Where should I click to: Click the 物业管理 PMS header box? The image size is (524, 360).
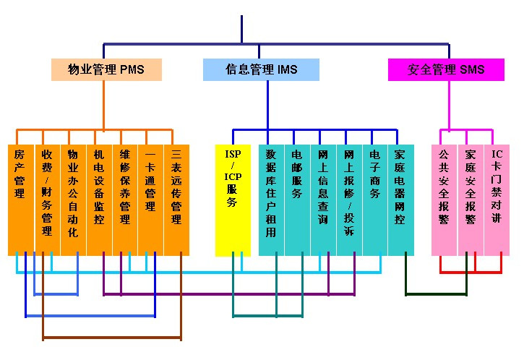(x=106, y=69)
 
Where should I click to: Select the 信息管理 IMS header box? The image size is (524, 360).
(x=261, y=69)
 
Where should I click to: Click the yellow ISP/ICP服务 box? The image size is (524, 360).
(x=233, y=200)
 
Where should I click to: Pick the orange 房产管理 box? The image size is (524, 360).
(x=21, y=200)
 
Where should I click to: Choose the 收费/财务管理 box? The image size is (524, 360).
(x=47, y=200)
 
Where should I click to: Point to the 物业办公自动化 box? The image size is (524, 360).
(x=73, y=200)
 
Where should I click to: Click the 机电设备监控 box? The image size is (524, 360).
(x=99, y=200)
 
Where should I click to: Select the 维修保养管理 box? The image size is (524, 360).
(x=125, y=200)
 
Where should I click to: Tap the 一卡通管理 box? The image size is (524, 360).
(x=150, y=200)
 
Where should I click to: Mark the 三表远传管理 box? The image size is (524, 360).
(x=176, y=200)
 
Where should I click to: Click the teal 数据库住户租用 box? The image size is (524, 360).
(x=271, y=200)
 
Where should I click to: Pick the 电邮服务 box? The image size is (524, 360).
(x=297, y=200)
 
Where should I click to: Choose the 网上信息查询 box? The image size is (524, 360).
(x=323, y=200)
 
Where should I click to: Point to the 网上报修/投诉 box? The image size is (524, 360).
(x=349, y=200)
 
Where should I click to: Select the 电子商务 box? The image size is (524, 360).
(x=374, y=200)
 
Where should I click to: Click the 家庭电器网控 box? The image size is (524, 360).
(x=400, y=200)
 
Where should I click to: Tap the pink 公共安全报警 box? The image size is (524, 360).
(x=444, y=200)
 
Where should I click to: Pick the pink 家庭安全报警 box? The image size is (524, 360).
(x=471, y=200)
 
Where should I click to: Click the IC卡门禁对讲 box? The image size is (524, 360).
(x=497, y=200)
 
